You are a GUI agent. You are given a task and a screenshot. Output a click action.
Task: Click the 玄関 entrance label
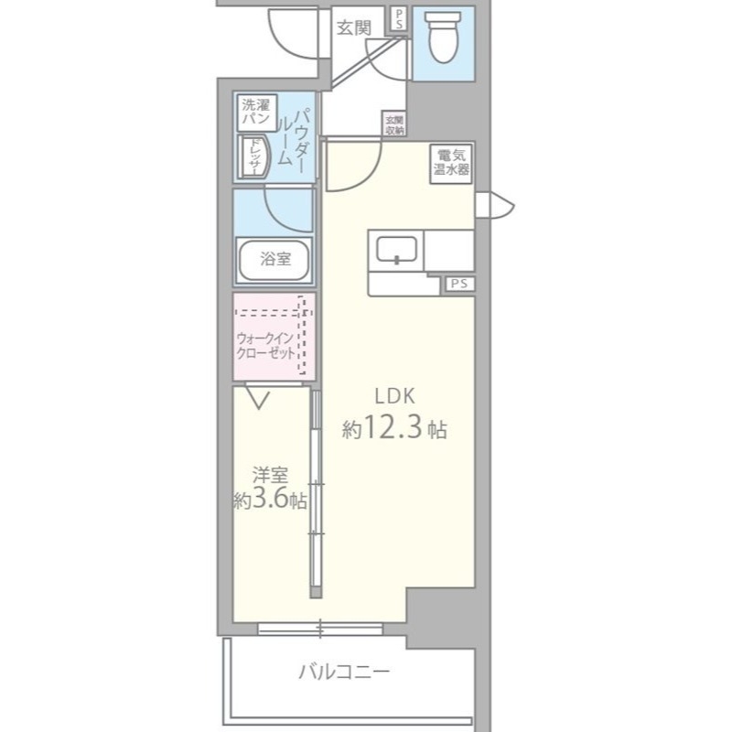coord(354,27)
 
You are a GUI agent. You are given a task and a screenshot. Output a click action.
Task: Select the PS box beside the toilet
coord(398,19)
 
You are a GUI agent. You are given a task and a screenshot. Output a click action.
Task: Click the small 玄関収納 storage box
coord(393,124)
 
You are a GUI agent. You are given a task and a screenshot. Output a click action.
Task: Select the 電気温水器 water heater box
coord(451,163)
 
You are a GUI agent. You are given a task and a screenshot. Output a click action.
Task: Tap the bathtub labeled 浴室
coord(274,259)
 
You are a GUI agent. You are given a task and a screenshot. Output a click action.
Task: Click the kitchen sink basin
coord(396,249)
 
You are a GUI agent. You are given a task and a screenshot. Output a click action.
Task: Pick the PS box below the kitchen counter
coord(458,285)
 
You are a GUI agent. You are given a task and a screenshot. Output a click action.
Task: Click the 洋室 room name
coord(271,475)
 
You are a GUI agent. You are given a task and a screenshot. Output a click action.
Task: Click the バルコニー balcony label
coord(344,673)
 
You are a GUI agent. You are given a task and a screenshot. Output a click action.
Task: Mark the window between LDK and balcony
coord(320,629)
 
